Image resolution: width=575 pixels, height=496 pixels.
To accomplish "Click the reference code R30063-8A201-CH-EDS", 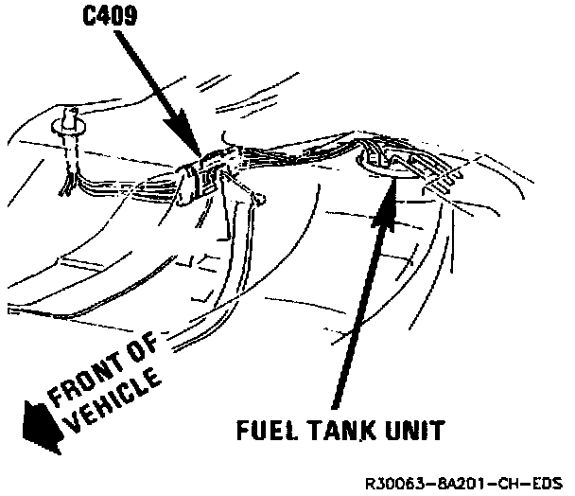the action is point(467,481).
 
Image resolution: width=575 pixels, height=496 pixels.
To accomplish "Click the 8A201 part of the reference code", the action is point(472,481).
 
